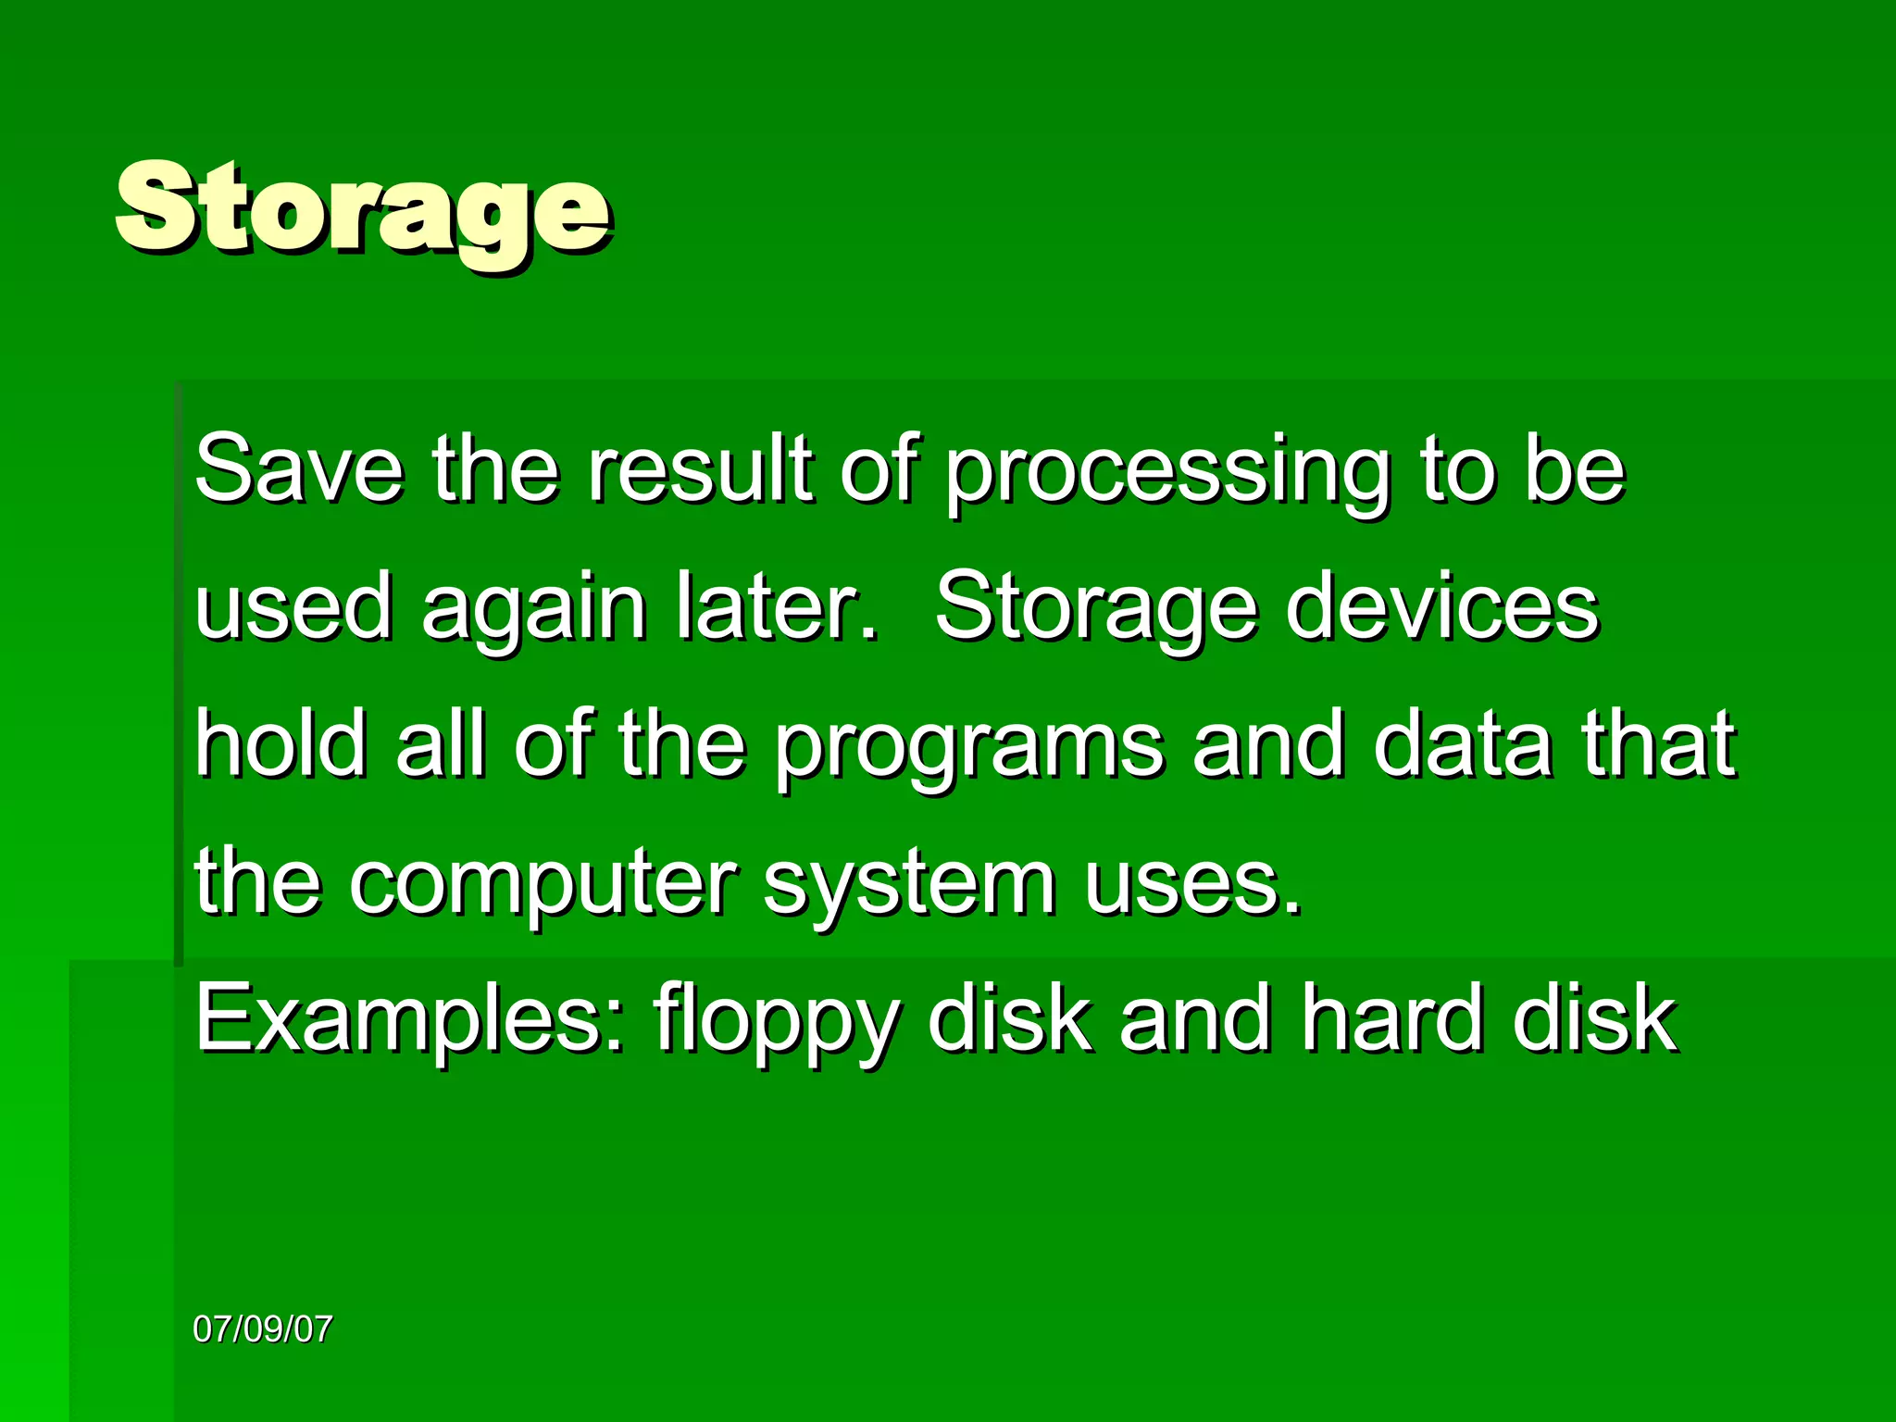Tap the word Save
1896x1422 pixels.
pyautogui.click(x=299, y=469)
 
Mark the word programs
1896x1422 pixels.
pyautogui.click(x=968, y=748)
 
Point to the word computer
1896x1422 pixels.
pyautogui.click(x=543, y=884)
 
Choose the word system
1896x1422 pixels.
pyautogui.click(x=910, y=884)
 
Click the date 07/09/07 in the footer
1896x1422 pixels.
pyautogui.click(x=262, y=1329)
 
